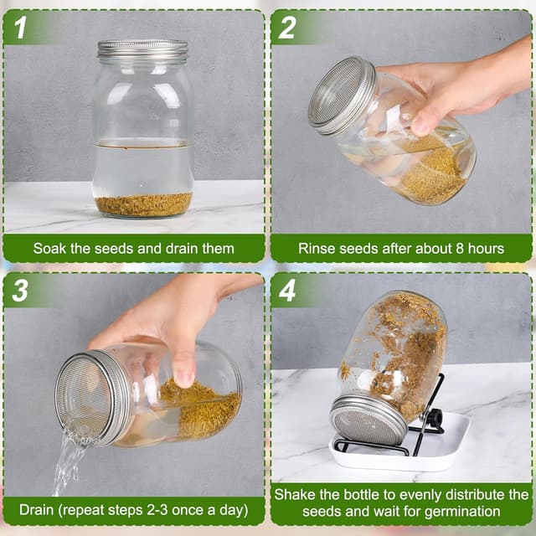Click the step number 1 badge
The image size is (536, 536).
[x=20, y=28]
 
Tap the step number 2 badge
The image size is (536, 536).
[x=287, y=28]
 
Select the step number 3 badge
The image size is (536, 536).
[x=20, y=291]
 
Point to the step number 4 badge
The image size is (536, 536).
[x=287, y=291]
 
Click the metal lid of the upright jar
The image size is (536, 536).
[x=142, y=50]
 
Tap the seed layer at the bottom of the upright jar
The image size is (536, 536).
[x=143, y=204]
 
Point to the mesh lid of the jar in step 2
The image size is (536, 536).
[x=342, y=95]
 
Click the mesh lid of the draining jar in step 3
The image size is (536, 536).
[x=92, y=399]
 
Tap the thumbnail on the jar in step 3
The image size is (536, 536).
[x=184, y=379]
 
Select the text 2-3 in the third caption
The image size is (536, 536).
[x=157, y=510]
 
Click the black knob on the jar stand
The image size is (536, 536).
[x=435, y=417]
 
